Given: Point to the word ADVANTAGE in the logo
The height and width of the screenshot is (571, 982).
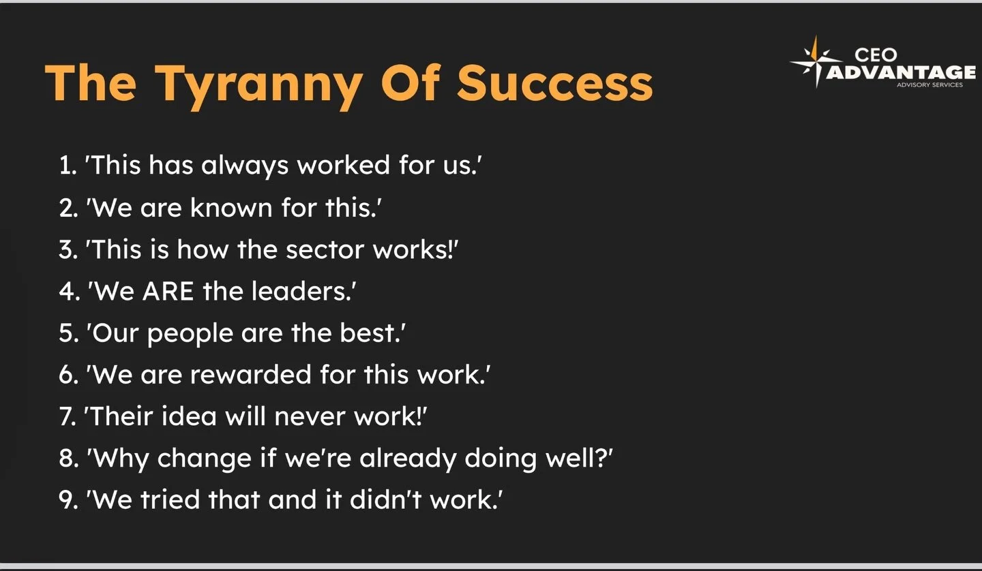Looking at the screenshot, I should [x=901, y=72].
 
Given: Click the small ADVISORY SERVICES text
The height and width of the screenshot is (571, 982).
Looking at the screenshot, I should [x=932, y=85].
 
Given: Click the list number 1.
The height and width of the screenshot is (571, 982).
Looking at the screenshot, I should [x=67, y=166].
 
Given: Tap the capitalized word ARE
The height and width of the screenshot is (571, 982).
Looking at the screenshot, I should [x=169, y=291].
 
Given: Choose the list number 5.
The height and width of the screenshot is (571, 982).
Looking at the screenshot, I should [x=68, y=333].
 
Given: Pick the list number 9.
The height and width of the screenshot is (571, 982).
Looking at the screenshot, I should [x=68, y=500].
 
